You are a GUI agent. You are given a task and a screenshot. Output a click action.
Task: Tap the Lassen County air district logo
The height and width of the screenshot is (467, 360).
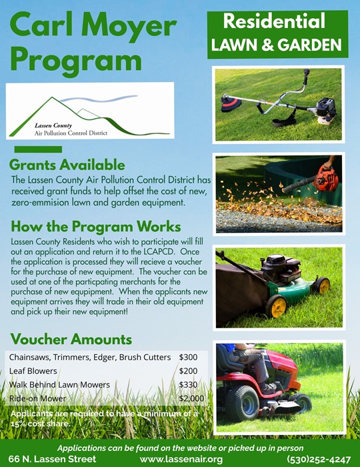(x=89, y=111)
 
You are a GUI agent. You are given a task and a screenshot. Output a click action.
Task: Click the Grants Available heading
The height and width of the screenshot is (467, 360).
(x=67, y=165)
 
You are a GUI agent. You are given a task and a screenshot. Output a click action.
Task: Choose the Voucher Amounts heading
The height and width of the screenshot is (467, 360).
(x=71, y=339)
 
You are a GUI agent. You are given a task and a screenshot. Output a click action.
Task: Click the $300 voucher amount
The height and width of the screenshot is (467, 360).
(x=188, y=358)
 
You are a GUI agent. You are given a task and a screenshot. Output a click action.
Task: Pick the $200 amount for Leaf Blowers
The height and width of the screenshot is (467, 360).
(x=188, y=371)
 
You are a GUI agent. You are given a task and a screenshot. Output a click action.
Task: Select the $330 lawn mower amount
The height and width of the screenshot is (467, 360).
(x=188, y=384)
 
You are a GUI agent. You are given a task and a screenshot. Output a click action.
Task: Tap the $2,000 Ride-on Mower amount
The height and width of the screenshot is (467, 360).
(x=191, y=398)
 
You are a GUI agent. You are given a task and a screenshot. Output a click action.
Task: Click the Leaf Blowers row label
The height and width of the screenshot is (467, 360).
(x=33, y=371)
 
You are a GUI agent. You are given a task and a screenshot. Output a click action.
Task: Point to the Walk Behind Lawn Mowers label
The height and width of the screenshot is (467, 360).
(x=59, y=384)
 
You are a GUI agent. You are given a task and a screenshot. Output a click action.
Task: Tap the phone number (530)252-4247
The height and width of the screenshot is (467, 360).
(x=318, y=459)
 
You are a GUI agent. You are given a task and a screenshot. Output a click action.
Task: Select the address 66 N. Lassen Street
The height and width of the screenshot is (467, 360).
(x=53, y=459)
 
